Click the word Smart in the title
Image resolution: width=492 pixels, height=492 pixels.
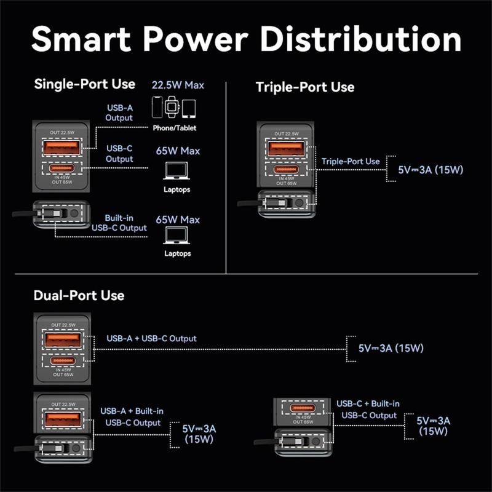click(x=81, y=39)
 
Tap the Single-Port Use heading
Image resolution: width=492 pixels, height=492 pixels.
click(x=85, y=84)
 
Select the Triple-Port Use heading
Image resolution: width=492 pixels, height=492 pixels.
click(x=305, y=87)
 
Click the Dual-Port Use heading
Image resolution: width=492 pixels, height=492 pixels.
click(x=79, y=295)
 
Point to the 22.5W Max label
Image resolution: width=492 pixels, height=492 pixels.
click(x=178, y=85)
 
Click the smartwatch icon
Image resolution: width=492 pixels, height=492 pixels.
click(x=172, y=107)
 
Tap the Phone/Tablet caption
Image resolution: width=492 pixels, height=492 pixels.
click(x=175, y=128)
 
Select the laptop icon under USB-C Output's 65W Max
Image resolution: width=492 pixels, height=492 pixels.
click(x=177, y=171)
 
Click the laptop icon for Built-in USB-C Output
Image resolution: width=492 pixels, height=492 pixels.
click(x=177, y=235)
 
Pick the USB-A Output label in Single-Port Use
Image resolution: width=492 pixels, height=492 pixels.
click(x=119, y=113)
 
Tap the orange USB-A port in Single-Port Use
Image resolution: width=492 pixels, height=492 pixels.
click(x=61, y=148)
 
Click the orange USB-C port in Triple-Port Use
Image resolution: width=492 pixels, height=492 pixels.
click(x=286, y=170)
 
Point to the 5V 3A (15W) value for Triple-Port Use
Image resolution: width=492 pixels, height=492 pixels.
click(x=430, y=170)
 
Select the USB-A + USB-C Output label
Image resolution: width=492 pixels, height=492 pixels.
click(x=151, y=338)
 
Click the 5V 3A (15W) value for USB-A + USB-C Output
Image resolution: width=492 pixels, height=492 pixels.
click(x=391, y=348)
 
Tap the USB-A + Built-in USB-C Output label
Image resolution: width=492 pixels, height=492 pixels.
click(x=132, y=417)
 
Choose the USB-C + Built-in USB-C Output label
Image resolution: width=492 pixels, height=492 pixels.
click(x=368, y=410)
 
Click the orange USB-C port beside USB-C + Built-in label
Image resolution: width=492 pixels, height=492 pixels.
click(x=302, y=408)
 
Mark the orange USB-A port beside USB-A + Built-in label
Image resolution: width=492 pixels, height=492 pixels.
click(x=63, y=419)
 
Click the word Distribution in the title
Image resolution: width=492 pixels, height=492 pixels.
click(x=361, y=39)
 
